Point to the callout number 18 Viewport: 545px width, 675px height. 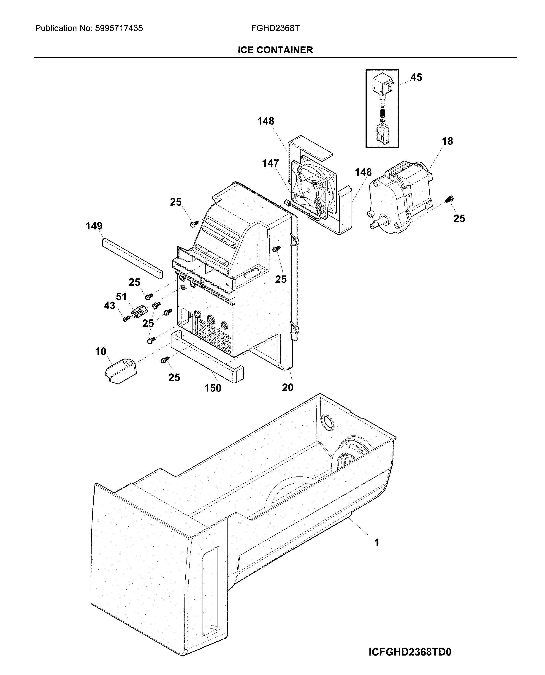click(447, 141)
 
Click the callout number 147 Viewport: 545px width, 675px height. click(270, 163)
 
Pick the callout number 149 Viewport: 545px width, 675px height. click(94, 226)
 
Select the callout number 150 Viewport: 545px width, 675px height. click(213, 388)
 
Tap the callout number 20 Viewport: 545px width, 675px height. click(287, 387)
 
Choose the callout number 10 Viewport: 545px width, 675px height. click(100, 351)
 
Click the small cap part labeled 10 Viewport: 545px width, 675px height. click(120, 370)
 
